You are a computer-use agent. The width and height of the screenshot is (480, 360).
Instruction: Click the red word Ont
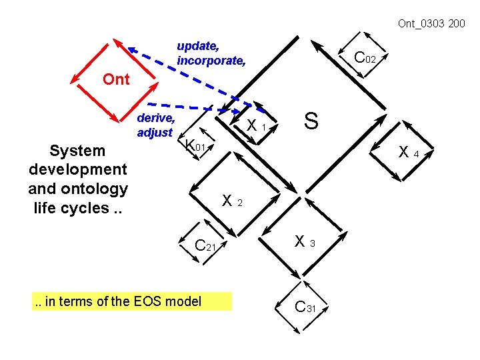click(116, 79)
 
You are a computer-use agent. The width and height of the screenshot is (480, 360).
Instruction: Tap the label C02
click(366, 58)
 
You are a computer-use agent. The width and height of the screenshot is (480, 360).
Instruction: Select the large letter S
click(311, 121)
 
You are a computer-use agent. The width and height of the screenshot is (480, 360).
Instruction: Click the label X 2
click(232, 200)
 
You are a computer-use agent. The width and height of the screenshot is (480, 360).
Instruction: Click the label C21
click(205, 245)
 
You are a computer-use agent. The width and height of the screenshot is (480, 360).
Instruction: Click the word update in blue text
click(197, 46)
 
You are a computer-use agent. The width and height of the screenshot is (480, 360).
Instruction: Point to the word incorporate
click(211, 61)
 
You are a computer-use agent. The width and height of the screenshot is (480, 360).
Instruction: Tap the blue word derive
click(155, 118)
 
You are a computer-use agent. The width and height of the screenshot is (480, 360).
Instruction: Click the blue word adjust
click(155, 132)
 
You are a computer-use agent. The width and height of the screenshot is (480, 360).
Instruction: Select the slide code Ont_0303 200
click(431, 24)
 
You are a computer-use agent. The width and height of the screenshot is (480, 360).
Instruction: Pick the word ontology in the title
click(94, 189)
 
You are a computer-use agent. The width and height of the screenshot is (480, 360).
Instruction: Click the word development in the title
click(77, 169)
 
